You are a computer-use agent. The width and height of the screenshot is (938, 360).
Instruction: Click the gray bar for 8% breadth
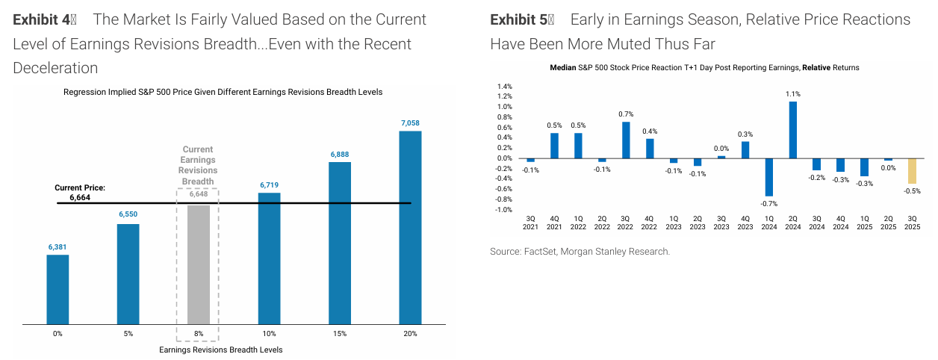(198, 264)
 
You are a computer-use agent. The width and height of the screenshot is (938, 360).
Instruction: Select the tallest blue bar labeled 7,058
(410, 228)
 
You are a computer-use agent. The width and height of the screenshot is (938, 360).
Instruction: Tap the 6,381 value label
(58, 247)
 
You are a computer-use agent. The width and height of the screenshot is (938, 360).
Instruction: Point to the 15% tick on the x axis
(340, 334)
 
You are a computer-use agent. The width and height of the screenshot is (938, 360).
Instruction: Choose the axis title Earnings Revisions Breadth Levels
(221, 350)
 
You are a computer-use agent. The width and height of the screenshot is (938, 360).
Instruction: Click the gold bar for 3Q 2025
(912, 171)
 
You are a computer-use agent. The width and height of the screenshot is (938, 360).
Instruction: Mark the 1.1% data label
(793, 94)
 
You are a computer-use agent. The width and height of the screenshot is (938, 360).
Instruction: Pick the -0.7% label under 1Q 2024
(769, 204)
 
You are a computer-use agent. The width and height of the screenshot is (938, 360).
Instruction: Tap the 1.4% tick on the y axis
(504, 86)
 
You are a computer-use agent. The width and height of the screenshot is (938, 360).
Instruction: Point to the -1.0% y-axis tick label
(503, 210)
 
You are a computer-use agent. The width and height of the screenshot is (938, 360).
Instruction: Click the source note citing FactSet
(580, 252)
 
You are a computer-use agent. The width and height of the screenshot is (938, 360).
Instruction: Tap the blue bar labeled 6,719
(269, 258)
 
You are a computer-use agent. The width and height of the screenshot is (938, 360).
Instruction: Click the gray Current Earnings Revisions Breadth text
(198, 165)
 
